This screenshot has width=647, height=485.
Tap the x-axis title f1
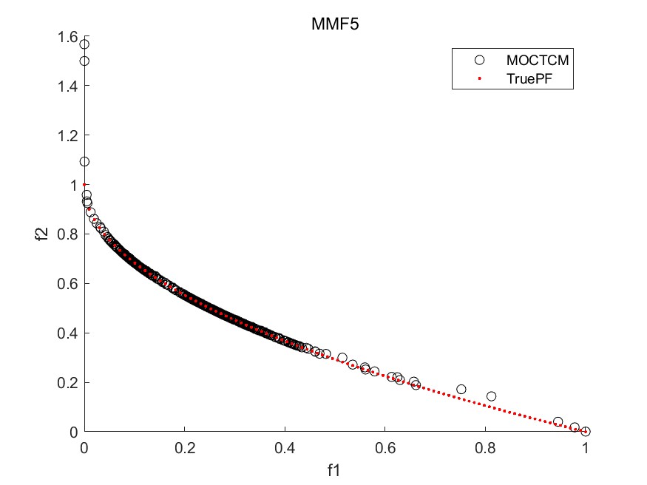(334, 469)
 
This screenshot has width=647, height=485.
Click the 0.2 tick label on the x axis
(185, 448)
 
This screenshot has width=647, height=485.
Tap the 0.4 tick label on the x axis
(285, 448)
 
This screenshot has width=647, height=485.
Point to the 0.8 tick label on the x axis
(485, 448)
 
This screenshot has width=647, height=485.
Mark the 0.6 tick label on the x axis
(385, 448)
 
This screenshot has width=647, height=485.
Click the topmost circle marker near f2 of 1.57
(84, 44)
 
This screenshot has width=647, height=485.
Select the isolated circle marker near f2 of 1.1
(84, 161)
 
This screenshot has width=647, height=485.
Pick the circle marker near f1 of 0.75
(461, 389)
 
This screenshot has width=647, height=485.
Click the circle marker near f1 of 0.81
(491, 396)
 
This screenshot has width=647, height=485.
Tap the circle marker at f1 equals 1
(586, 431)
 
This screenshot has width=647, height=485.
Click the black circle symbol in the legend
(479, 59)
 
